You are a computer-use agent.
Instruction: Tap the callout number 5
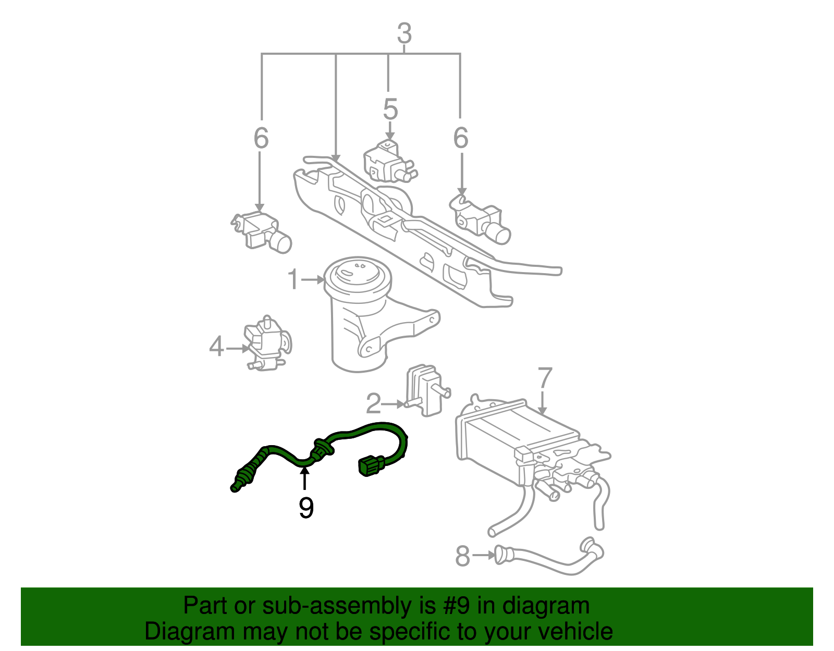[390, 109]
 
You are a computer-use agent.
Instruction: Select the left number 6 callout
[261, 138]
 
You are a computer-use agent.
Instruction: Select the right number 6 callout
[461, 138]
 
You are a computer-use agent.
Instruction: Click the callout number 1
[294, 280]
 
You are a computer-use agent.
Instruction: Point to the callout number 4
[217, 347]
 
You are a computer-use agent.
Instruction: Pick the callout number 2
[374, 403]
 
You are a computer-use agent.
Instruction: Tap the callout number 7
[544, 378]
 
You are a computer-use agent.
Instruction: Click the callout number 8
[462, 556]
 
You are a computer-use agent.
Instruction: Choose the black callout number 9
[306, 508]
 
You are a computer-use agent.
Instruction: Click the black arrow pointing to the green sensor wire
[304, 478]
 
